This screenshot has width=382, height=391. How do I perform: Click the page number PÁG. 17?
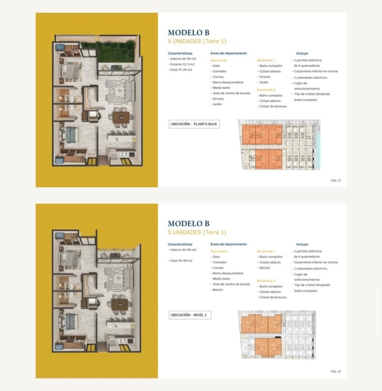click(336, 181)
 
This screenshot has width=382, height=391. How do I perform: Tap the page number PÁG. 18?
click(336, 371)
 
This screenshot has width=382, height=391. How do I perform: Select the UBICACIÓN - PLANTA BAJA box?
click(194, 124)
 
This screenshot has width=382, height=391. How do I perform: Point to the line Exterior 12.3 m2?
click(182, 64)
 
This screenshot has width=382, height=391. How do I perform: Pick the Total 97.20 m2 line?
click(181, 70)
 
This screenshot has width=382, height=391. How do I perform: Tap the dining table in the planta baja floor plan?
click(121, 117)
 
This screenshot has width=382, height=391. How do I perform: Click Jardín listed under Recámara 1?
click(263, 82)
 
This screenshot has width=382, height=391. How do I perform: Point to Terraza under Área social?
click(217, 99)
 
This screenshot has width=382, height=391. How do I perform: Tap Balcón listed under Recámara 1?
click(264, 268)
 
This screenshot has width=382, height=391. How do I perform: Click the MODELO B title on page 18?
click(189, 224)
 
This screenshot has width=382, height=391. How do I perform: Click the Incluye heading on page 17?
click(302, 53)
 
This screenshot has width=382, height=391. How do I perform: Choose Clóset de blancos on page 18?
click(272, 297)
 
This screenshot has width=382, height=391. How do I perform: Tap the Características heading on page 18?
click(180, 244)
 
